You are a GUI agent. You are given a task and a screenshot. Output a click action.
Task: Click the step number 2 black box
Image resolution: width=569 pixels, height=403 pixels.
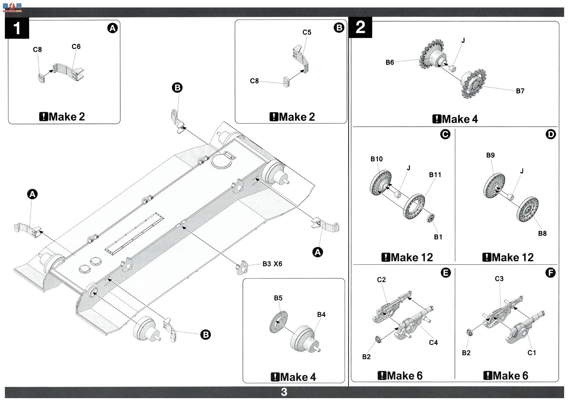click(361, 28)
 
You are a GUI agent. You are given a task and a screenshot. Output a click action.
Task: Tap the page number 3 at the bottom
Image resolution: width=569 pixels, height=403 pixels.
click(284, 392)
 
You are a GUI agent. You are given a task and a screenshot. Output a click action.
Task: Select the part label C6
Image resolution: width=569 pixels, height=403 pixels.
click(76, 47)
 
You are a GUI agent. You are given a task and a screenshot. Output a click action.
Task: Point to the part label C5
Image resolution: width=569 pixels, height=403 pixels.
click(307, 32)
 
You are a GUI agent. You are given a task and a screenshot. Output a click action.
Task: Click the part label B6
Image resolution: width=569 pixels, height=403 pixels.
click(390, 62)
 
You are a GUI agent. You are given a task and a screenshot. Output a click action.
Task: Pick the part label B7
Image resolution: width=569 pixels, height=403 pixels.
click(520, 91)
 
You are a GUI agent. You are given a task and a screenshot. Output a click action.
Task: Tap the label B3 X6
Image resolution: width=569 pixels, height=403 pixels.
click(272, 264)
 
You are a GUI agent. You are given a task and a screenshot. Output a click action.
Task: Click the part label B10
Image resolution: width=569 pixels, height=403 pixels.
click(376, 159)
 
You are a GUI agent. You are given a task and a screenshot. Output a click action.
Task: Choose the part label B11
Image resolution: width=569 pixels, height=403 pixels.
click(435, 175)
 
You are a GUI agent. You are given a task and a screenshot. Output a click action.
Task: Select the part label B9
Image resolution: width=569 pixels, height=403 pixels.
click(491, 155)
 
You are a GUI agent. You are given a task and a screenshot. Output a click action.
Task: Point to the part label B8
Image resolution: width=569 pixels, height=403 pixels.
click(542, 233)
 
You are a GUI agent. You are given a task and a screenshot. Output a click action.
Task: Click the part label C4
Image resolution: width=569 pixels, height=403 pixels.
click(433, 343)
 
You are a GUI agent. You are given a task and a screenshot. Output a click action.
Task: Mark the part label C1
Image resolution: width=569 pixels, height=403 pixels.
click(532, 353)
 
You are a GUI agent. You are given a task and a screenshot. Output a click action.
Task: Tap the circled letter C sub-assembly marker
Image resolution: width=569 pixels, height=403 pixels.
click(445, 134)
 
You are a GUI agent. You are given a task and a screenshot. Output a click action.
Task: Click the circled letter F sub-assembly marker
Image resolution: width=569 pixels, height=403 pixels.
click(551, 273)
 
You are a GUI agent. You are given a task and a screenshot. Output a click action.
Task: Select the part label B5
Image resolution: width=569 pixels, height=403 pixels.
click(278, 298)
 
